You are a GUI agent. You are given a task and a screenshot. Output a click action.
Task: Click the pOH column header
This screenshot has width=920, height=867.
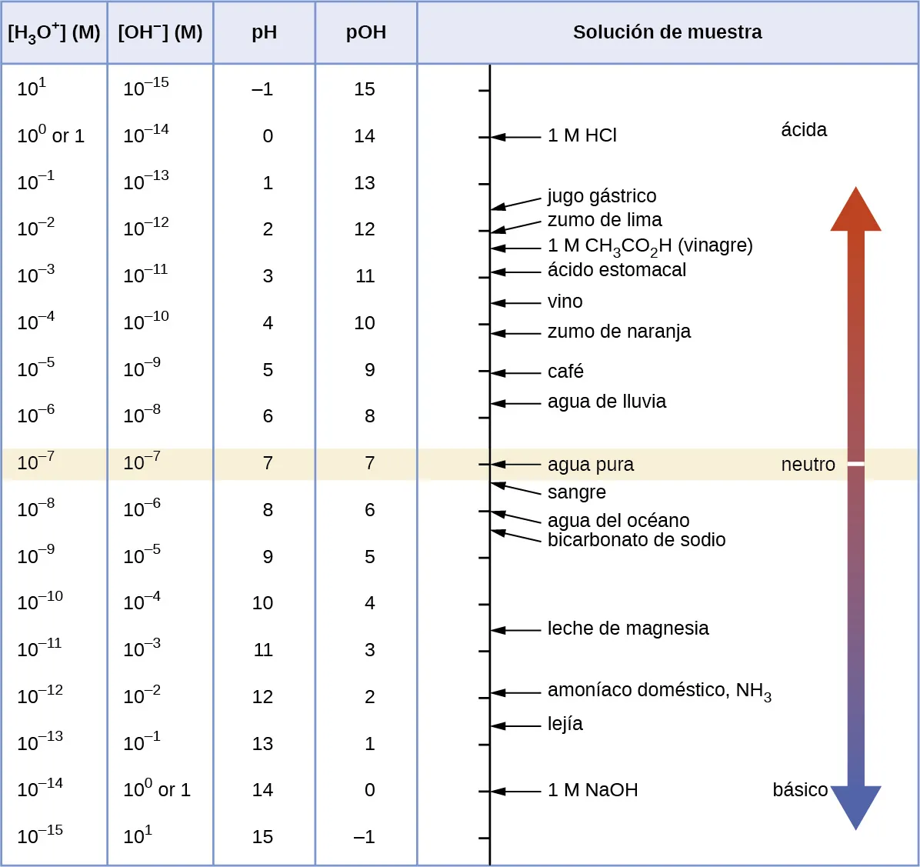pyautogui.click(x=366, y=32)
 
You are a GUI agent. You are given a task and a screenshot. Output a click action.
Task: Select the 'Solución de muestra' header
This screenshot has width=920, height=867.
pyautogui.click(x=667, y=32)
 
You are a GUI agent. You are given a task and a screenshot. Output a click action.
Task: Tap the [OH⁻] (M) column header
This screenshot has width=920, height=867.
pyautogui.click(x=160, y=32)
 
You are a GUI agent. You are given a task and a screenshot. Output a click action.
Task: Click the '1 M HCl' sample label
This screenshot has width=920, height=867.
pyautogui.click(x=582, y=135)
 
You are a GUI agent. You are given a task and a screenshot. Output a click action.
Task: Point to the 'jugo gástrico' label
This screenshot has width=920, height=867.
pyautogui.click(x=602, y=196)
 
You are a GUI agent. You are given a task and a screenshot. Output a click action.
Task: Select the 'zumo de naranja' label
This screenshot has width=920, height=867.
pyautogui.click(x=618, y=332)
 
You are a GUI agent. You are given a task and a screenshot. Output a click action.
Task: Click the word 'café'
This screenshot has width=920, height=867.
pyautogui.click(x=565, y=372)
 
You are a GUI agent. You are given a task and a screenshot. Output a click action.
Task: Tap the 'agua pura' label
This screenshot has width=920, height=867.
pyautogui.click(x=590, y=465)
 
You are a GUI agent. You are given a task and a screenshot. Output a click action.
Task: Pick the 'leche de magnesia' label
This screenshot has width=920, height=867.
pyautogui.click(x=628, y=629)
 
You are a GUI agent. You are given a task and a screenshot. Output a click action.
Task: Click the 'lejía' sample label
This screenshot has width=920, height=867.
pyautogui.click(x=565, y=724)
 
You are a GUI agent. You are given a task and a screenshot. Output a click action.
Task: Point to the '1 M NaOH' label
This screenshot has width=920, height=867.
pyautogui.click(x=592, y=790)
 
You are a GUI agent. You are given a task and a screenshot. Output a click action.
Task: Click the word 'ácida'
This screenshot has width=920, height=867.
pyautogui.click(x=804, y=130)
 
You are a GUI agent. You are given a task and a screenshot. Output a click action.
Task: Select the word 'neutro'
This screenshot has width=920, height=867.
pyautogui.click(x=808, y=465)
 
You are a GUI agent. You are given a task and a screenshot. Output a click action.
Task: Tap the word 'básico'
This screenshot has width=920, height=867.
pyautogui.click(x=800, y=790)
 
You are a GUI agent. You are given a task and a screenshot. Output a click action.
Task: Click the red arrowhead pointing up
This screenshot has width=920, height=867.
pyautogui.click(x=855, y=210)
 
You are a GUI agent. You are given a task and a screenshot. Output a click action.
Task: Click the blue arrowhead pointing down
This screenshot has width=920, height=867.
pyautogui.click(x=855, y=806)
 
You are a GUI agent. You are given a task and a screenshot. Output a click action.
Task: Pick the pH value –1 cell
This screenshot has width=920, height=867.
pyautogui.click(x=262, y=89)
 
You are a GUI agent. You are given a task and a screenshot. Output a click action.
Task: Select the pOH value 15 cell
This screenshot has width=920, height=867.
pyautogui.click(x=365, y=89)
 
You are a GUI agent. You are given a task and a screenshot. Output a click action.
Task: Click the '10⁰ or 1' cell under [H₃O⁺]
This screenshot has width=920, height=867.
pyautogui.click(x=51, y=136)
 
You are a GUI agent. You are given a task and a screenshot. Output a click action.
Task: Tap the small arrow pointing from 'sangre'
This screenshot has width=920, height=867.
pyautogui.click(x=515, y=489)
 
